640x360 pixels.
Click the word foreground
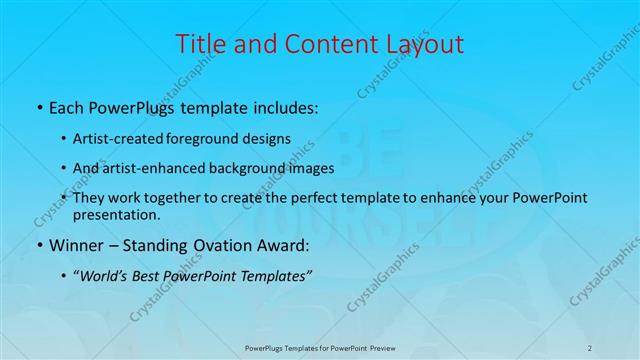click(x=219, y=138)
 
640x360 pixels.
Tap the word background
click(x=252, y=168)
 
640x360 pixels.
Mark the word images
click(x=312, y=168)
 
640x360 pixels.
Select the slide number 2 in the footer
click(x=590, y=347)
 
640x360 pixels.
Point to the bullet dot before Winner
click(x=39, y=245)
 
